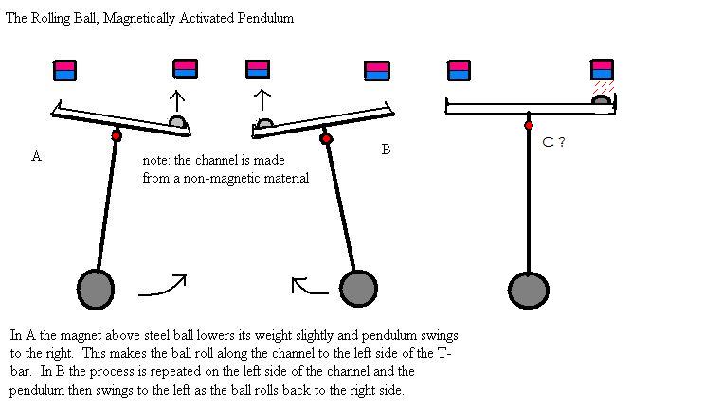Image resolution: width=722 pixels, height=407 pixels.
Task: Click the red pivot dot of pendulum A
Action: (117, 135)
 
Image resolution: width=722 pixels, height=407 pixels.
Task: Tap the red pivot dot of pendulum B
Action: (326, 138)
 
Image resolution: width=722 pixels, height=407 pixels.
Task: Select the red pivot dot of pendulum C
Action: (529, 125)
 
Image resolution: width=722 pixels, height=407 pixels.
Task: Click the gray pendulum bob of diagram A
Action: (96, 290)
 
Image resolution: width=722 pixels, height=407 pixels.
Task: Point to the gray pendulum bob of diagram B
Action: (358, 289)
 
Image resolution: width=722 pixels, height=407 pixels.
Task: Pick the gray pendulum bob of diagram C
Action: (528, 291)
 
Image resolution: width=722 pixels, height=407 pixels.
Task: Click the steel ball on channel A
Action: (178, 122)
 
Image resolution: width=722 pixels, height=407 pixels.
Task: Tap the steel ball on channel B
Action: (264, 123)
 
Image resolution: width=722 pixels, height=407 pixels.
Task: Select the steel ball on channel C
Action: (601, 99)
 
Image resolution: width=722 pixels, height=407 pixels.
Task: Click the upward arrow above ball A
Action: (177, 101)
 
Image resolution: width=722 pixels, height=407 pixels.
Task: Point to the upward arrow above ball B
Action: (262, 99)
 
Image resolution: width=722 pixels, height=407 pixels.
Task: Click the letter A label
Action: (36, 156)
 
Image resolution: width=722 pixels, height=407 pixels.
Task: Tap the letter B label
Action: (386, 150)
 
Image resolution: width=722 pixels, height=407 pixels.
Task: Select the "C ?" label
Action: (553, 142)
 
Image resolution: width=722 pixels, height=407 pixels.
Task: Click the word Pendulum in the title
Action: (265, 18)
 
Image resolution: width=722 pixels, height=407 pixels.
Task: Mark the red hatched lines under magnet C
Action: (604, 87)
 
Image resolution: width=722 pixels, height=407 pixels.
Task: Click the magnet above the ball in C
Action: (603, 70)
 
